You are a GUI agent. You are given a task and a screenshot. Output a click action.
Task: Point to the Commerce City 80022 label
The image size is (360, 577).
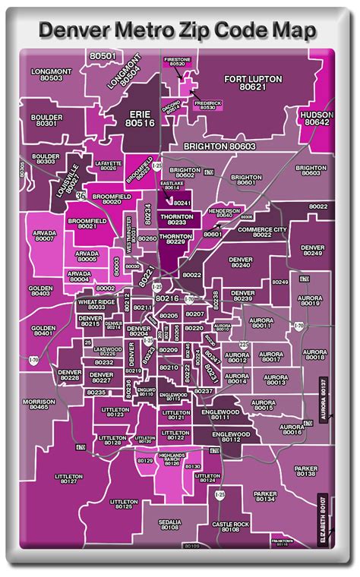click(x=262, y=232)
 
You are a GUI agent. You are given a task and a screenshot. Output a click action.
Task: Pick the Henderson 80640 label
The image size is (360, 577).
click(x=224, y=213)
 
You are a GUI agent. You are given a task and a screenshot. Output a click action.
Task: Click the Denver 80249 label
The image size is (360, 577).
click(x=312, y=251)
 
